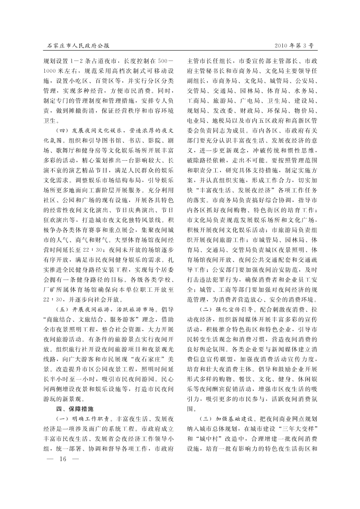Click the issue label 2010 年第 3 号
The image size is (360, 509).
click(x=294, y=45)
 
